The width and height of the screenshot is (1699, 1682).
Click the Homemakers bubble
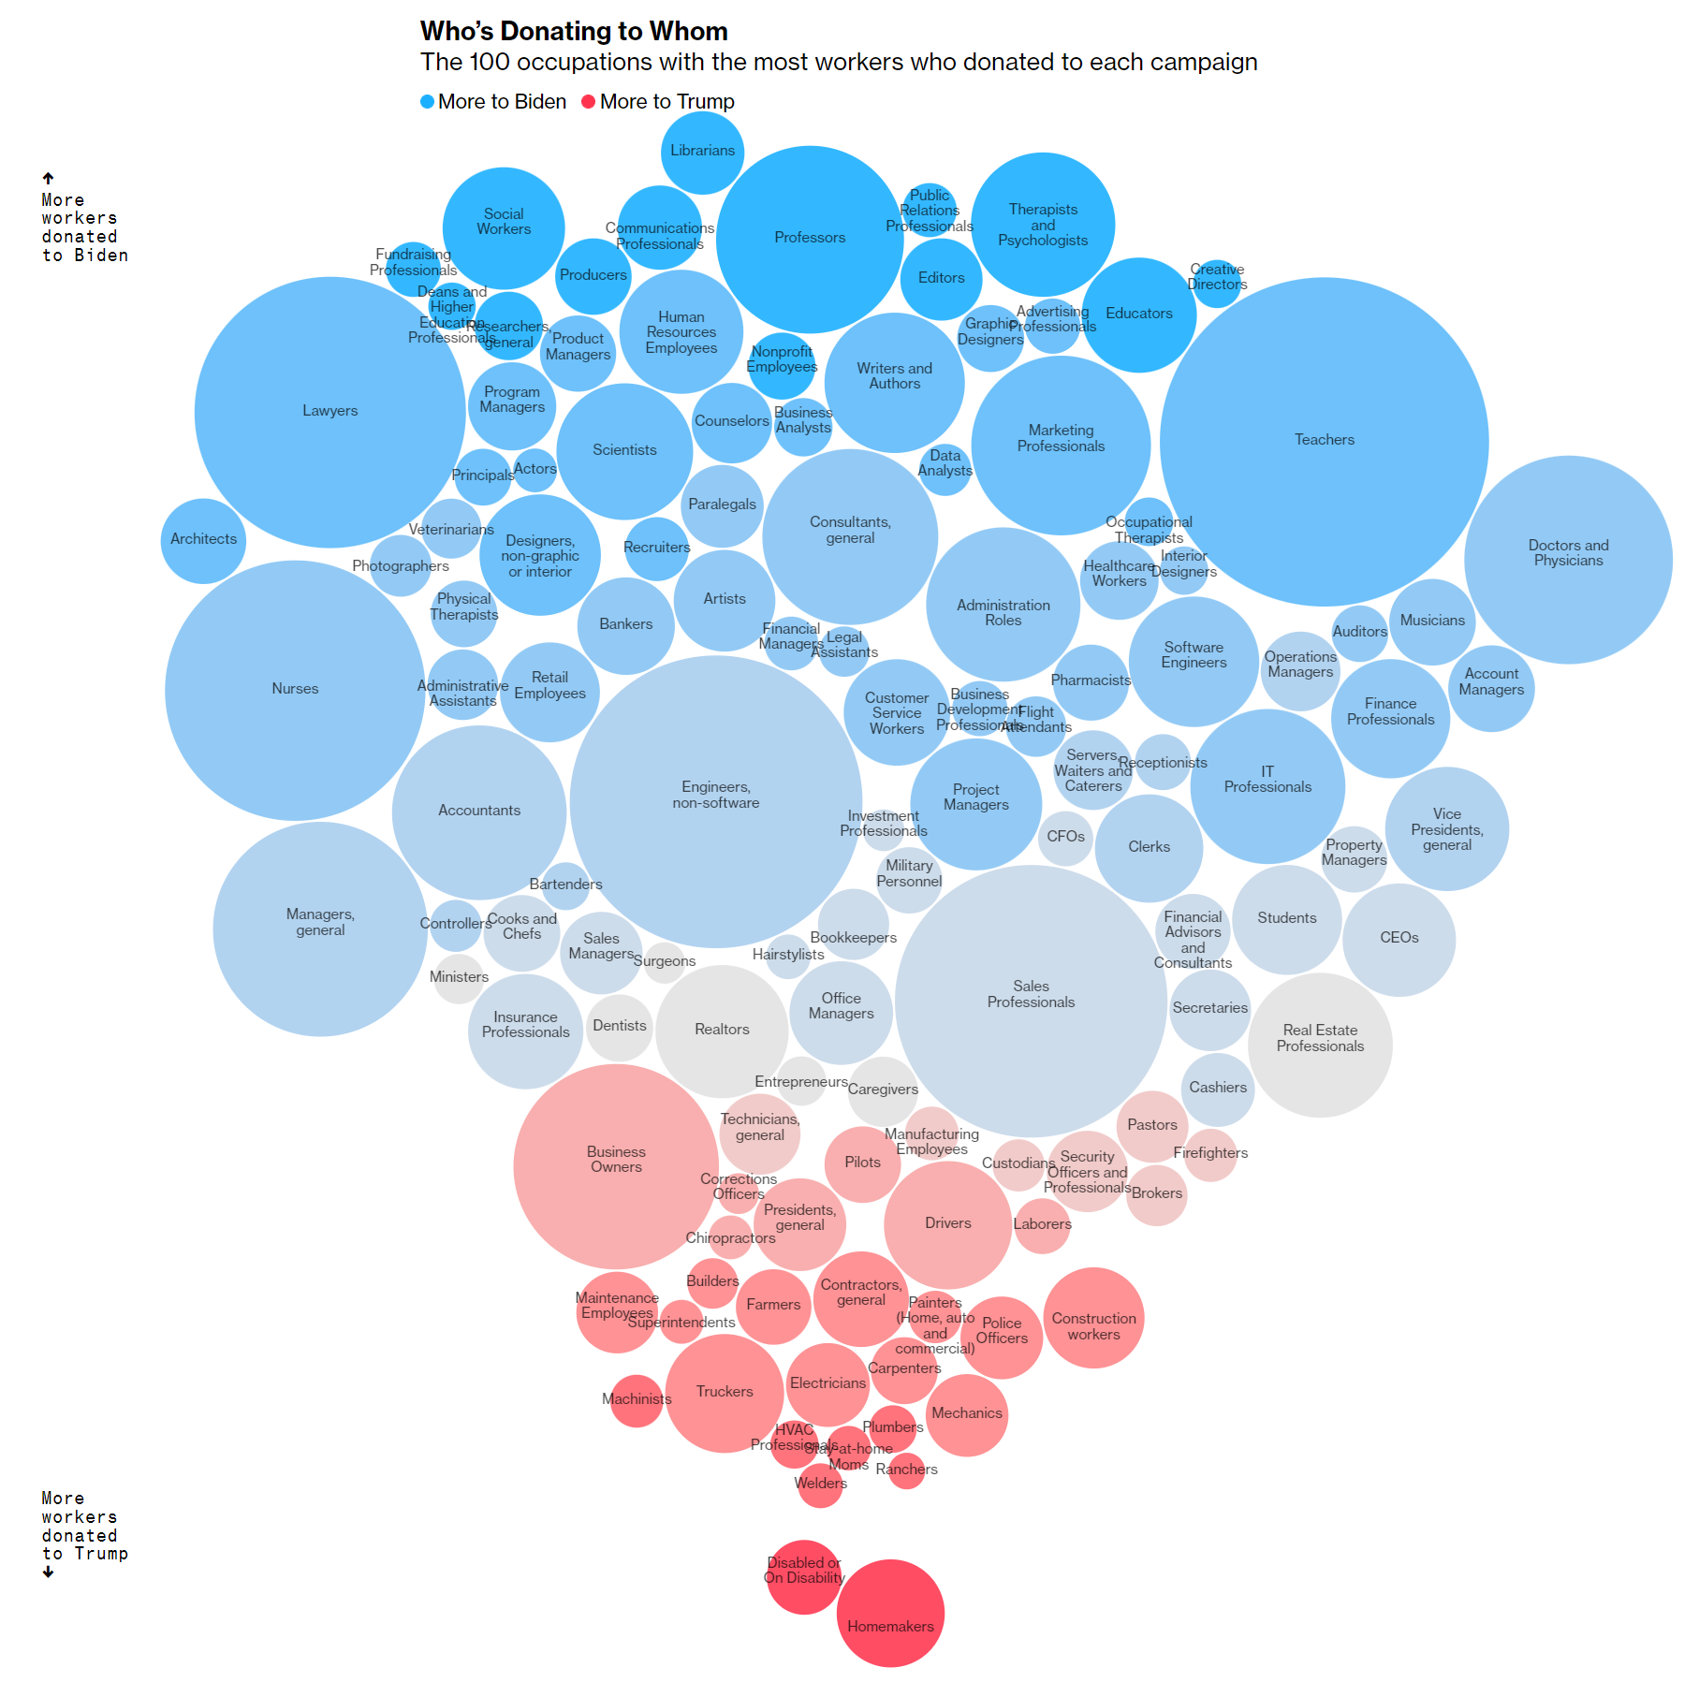coord(890,1613)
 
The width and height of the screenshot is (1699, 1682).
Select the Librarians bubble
coord(702,152)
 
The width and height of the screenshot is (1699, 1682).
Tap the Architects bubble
coord(203,540)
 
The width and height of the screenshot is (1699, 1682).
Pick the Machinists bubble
coord(637,1400)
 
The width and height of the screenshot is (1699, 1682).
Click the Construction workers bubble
coord(1093,1318)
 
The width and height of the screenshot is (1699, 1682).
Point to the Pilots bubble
coord(862,1163)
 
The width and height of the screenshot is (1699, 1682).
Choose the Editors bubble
coord(941,278)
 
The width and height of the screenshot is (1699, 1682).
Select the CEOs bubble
coord(1399,939)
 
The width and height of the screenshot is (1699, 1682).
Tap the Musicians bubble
coord(1432,622)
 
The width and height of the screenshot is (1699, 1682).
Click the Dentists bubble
coord(619,1027)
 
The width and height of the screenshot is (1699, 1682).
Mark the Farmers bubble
coord(773,1305)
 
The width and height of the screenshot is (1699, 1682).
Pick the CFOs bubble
coord(1065,838)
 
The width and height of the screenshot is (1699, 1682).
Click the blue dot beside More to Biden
coord(428,102)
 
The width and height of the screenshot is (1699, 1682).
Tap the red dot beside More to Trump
coord(589,102)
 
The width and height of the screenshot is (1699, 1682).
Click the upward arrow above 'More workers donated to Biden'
coord(48,178)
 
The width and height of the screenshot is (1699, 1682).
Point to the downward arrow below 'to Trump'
coord(48,1572)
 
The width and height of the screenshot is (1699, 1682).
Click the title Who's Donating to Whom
coord(573,32)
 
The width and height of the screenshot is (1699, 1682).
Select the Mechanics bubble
coord(967,1414)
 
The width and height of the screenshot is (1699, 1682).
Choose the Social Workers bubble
coord(504,227)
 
